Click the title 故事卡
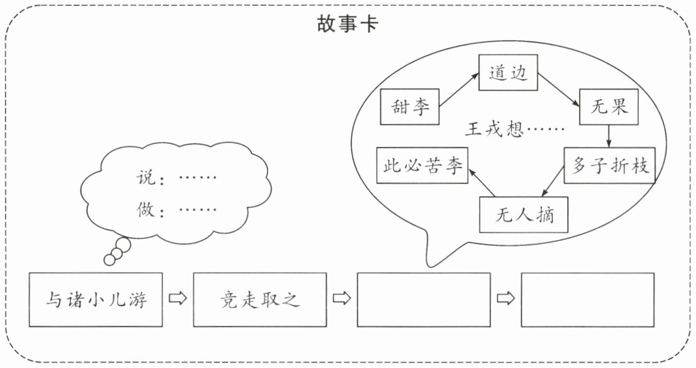coord(347,24)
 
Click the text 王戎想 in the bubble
coord(494,129)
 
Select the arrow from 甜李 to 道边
coord(459,90)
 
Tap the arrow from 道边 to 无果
coord(559,90)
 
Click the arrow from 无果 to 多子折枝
coord(609,136)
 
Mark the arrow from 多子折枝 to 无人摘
coord(553,181)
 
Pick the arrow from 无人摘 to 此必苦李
coord(482,183)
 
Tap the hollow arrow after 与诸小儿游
coord(177,298)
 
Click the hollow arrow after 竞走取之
coord(342,298)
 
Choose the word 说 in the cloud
coord(145,178)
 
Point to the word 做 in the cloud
coord(145,210)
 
